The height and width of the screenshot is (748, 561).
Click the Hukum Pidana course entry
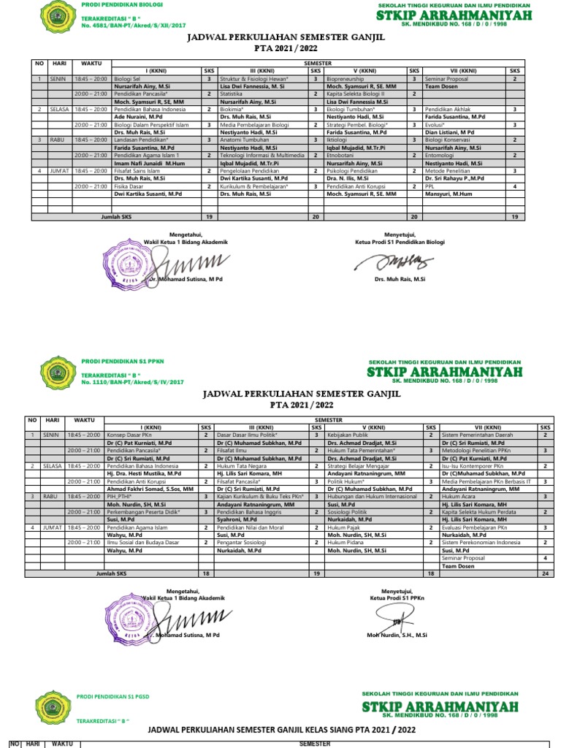(346, 543)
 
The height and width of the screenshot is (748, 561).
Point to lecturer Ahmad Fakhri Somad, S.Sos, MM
(150, 489)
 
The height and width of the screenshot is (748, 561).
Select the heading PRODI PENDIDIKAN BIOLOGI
(112, 5)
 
